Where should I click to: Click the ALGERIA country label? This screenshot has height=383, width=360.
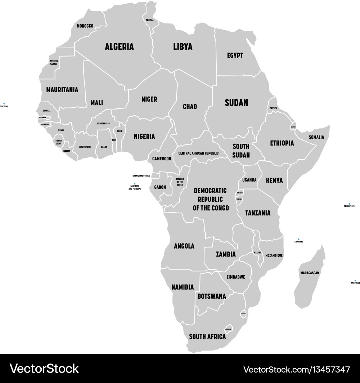click(x=119, y=46)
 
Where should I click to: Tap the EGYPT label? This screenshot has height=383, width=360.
click(x=235, y=55)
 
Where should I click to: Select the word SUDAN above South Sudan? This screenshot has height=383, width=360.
click(x=236, y=103)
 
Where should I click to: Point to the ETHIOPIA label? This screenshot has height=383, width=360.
click(x=282, y=143)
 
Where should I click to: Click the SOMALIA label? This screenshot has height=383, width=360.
click(x=316, y=137)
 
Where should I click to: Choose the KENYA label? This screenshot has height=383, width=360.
click(x=274, y=181)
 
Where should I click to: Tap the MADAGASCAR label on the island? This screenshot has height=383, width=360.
click(x=310, y=273)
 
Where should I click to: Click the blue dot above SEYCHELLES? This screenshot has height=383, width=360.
click(x=349, y=204)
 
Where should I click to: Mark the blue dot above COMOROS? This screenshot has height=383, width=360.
click(x=298, y=239)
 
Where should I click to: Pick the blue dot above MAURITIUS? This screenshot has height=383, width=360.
click(x=355, y=280)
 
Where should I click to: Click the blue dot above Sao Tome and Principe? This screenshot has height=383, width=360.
click(x=135, y=184)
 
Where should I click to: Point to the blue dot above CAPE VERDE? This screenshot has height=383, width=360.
click(x=4, y=103)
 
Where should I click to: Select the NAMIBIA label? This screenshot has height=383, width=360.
click(x=183, y=287)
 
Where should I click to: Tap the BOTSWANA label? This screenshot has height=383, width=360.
click(x=212, y=296)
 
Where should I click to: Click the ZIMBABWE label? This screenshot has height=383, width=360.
click(x=236, y=277)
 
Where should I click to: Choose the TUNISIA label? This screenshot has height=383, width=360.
click(x=149, y=20)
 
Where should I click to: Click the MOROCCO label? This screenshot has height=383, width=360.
click(x=85, y=26)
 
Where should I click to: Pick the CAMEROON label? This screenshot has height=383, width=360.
click(x=162, y=159)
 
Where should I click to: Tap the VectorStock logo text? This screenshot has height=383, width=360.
click(x=44, y=368)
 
